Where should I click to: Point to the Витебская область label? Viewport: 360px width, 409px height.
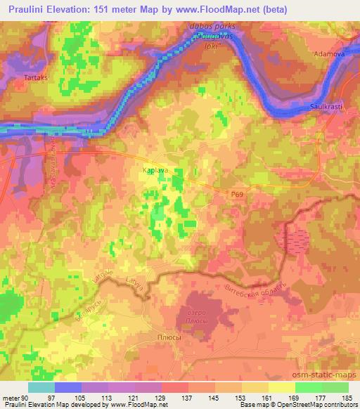[x=253, y=287]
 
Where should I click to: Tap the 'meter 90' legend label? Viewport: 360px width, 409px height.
[x=14, y=398]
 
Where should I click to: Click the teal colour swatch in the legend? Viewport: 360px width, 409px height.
[x=41, y=387]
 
